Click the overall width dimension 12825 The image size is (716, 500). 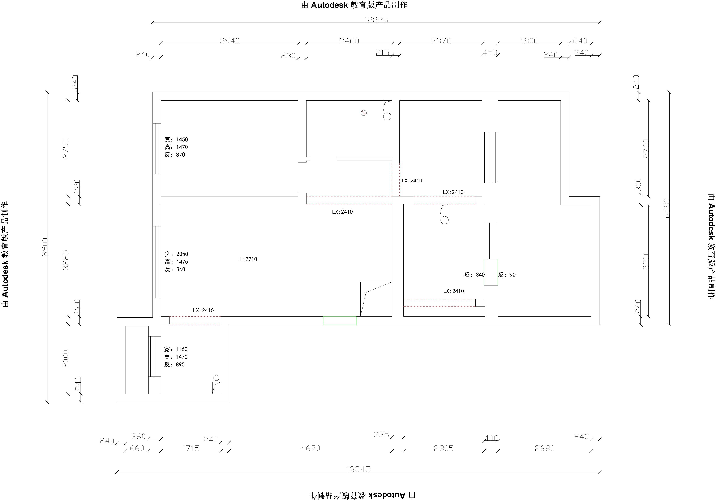tap(376, 20)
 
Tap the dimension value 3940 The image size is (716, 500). tap(230, 40)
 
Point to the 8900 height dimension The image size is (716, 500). tap(45, 247)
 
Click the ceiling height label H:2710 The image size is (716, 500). tap(248, 259)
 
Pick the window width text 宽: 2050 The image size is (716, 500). tap(176, 254)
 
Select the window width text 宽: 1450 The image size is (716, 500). tap(176, 139)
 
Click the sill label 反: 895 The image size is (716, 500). tap(175, 364)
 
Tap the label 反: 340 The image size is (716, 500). tap(475, 275)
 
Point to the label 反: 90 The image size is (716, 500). tap(507, 275)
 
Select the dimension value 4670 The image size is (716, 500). tap(311, 448)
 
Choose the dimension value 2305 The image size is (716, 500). tap(443, 448)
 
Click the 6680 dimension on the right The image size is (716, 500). tap(667, 208)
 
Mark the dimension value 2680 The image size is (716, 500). tap(544, 448)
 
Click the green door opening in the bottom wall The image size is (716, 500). tap(340, 321)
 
